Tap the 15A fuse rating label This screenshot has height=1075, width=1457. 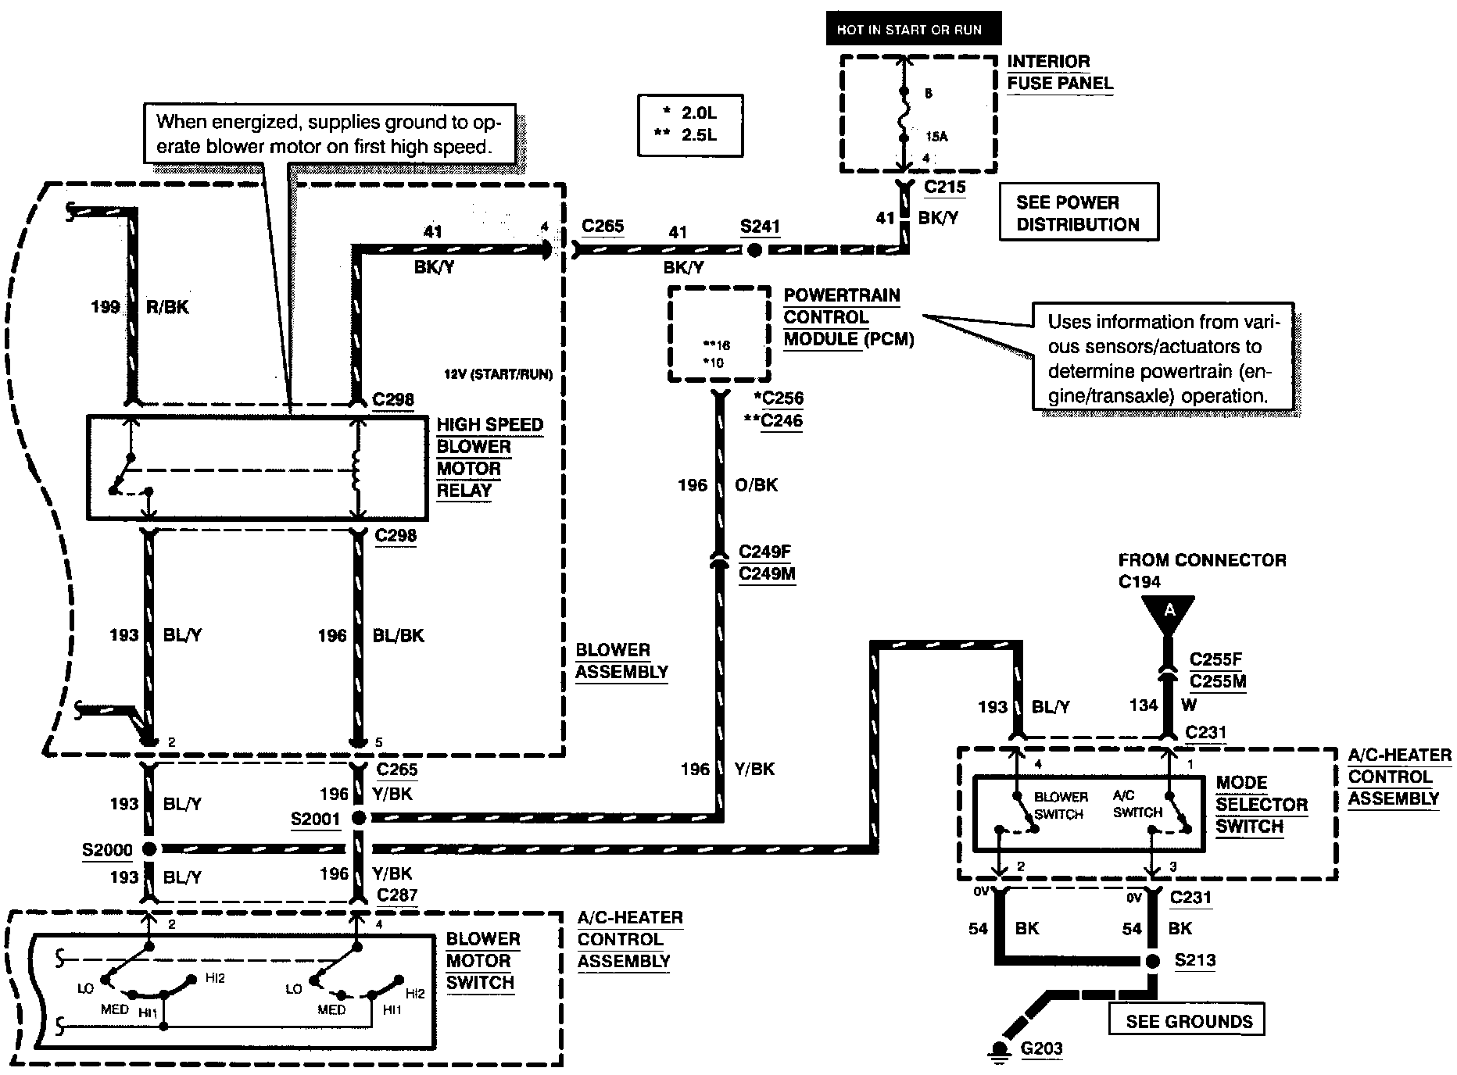click(936, 137)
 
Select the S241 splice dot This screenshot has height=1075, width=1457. click(754, 250)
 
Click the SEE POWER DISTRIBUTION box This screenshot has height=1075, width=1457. click(1079, 213)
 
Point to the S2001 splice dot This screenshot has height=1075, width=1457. click(358, 818)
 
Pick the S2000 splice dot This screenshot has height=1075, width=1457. click(149, 849)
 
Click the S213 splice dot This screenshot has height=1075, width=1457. click(1152, 961)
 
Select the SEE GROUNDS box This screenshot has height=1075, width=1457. click(1187, 1021)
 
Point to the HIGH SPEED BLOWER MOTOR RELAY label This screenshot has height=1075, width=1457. click(489, 458)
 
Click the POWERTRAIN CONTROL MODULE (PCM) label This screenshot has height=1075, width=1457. click(848, 317)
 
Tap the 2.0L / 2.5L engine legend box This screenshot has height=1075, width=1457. click(689, 124)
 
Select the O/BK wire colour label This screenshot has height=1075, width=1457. click(756, 485)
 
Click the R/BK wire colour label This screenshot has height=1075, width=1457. click(167, 307)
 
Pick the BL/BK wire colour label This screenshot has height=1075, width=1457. click(398, 636)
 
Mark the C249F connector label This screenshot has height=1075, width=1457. click(764, 552)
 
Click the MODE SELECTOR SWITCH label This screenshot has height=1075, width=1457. click(1261, 805)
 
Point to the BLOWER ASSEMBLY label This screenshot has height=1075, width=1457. click(621, 661)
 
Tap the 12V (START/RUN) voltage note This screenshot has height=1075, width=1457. click(498, 375)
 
